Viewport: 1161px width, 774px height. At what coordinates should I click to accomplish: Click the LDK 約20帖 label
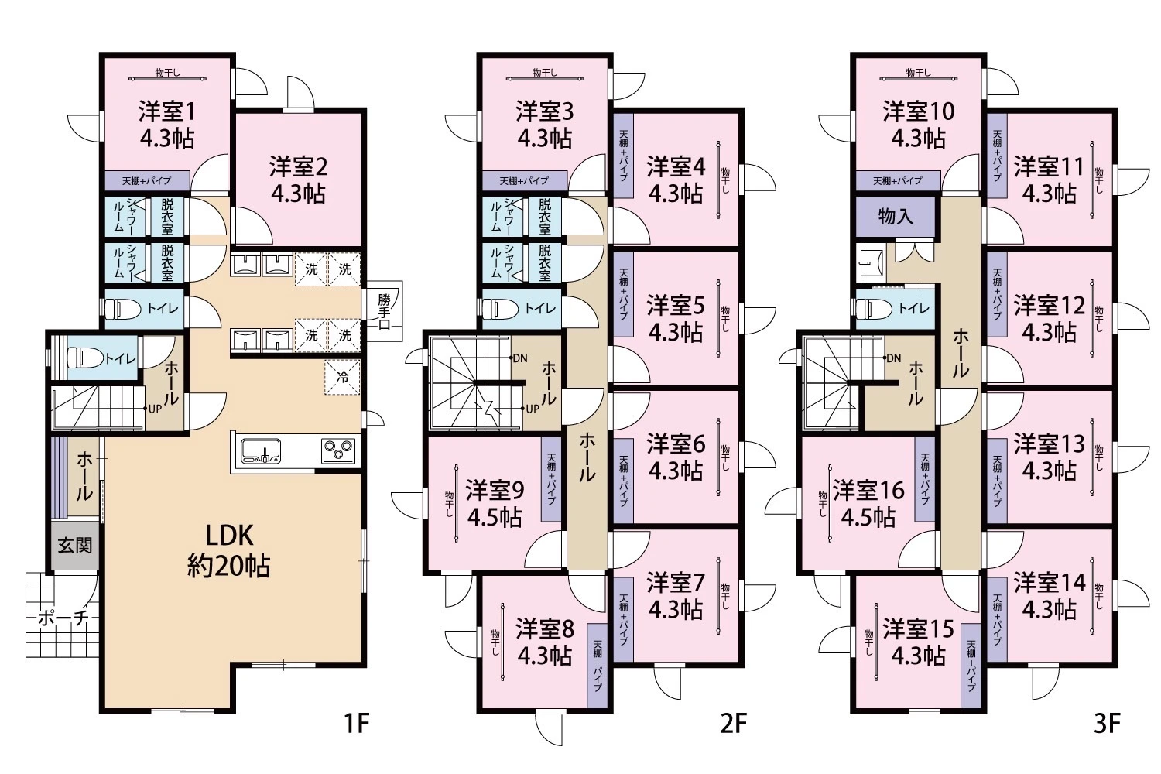click(x=228, y=550)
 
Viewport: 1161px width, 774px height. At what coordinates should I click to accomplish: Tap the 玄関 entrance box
click(x=74, y=546)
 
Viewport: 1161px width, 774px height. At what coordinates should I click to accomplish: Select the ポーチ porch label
click(x=63, y=618)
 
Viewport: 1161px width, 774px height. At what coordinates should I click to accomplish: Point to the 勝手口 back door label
click(x=384, y=312)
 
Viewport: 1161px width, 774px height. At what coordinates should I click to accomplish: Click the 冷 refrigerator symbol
click(x=342, y=377)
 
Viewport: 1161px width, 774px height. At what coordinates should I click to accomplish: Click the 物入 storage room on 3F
click(x=895, y=216)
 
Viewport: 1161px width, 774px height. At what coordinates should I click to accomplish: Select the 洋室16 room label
click(x=868, y=491)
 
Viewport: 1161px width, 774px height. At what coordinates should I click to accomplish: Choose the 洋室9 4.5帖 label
click(x=495, y=503)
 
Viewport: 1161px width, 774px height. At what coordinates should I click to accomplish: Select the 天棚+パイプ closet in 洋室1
click(x=147, y=181)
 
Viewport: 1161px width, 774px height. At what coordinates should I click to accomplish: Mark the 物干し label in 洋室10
click(x=918, y=73)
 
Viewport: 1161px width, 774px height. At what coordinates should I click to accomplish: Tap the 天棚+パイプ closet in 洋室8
click(x=597, y=666)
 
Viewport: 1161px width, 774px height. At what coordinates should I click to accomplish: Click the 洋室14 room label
click(x=1050, y=582)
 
